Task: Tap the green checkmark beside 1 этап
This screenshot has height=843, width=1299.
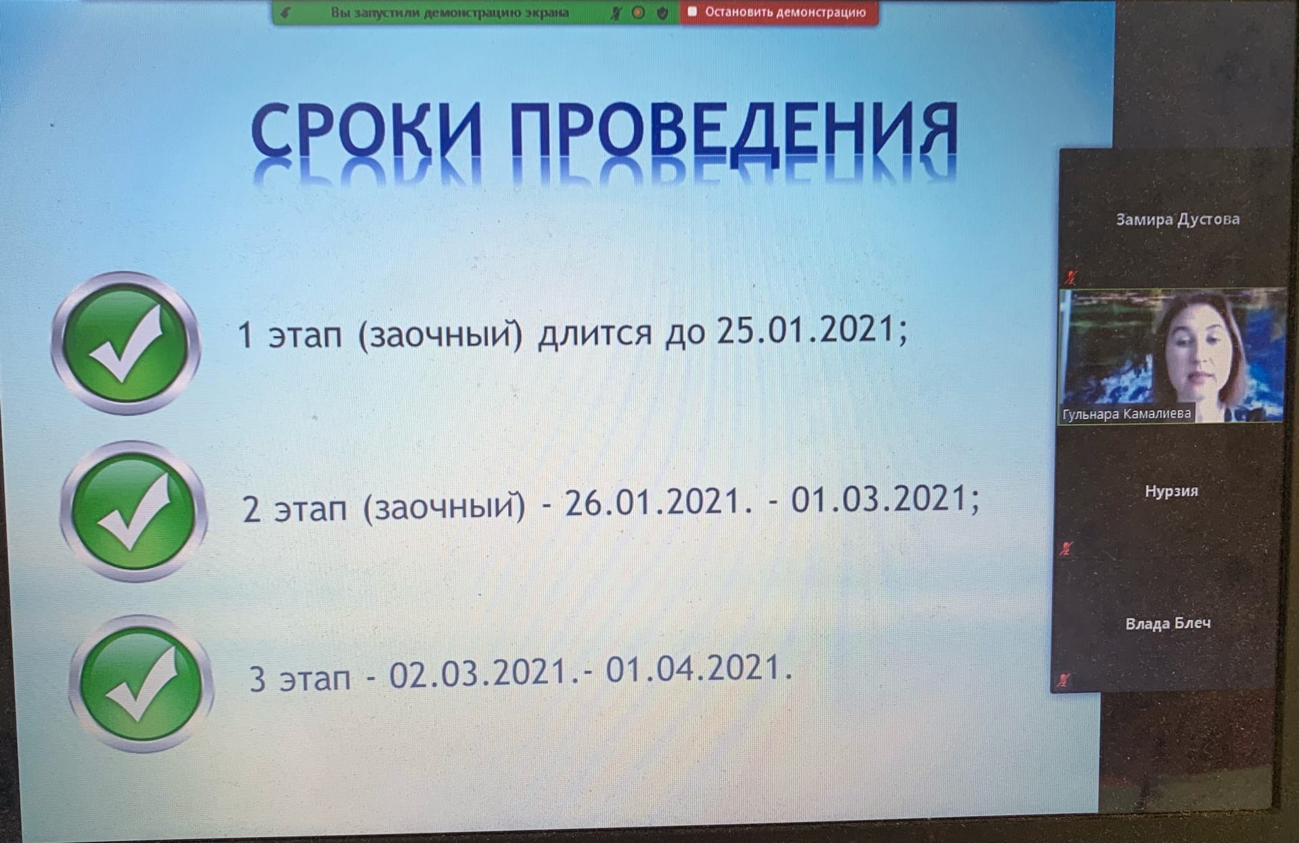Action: coord(126,343)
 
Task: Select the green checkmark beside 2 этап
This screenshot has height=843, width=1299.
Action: coord(133,512)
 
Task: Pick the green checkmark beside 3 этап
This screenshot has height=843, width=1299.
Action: coord(141,683)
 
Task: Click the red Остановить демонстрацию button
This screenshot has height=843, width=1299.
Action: coord(779,12)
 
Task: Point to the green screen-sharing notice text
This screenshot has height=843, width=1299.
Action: coord(450,13)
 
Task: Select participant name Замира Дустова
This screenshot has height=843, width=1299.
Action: coord(1178,219)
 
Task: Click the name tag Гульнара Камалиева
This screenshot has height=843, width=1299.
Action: coord(1126,414)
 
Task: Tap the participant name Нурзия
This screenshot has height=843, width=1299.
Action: coord(1171,491)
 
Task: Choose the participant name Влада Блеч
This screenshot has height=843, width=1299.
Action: coord(1168,623)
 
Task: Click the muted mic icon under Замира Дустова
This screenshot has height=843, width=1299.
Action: coord(1070,276)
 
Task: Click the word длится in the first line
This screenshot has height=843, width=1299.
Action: coord(595,333)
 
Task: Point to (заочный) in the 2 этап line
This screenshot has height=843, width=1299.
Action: coord(445,506)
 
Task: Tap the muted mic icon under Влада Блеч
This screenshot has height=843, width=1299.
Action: coord(1064,680)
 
